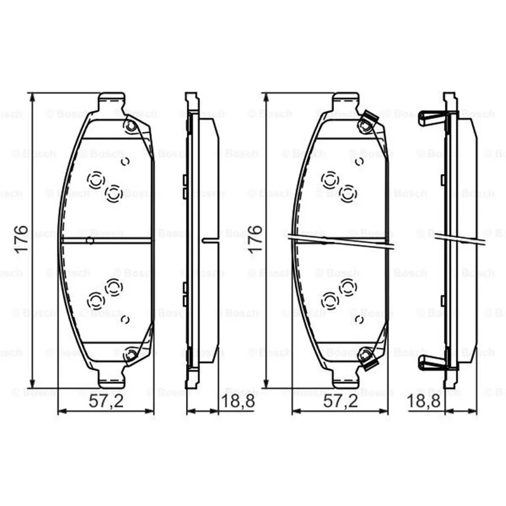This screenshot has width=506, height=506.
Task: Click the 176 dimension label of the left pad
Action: (x=22, y=239)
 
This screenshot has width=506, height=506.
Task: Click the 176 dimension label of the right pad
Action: (x=256, y=239)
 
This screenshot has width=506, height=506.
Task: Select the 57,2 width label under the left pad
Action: (x=106, y=401)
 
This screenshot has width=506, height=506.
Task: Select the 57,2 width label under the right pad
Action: (x=340, y=401)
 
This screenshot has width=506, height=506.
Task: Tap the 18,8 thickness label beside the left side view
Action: (x=238, y=401)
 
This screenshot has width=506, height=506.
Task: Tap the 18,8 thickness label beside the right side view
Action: (x=423, y=401)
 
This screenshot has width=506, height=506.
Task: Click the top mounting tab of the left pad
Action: (x=111, y=101)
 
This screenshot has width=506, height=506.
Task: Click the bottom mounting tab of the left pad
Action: (x=111, y=379)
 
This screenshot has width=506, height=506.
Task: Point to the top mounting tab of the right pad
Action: (x=345, y=101)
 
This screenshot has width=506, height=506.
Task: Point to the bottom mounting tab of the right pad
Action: (x=345, y=379)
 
